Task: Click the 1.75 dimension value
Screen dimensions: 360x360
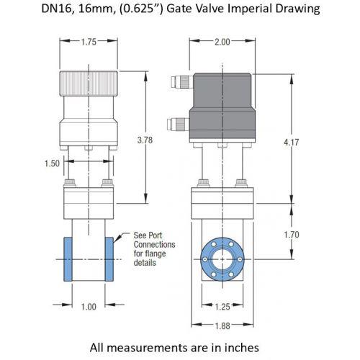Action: pyautogui.click(x=89, y=42)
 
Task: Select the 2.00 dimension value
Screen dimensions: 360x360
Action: pyautogui.click(x=222, y=42)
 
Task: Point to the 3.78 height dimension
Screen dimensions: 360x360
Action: pyautogui.click(x=145, y=140)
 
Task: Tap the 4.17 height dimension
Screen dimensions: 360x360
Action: pyautogui.click(x=292, y=143)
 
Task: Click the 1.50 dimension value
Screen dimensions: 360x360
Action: pyautogui.click(x=52, y=163)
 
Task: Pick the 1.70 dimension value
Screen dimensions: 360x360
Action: pyautogui.click(x=292, y=235)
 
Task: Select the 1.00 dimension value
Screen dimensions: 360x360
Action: pyautogui.click(x=89, y=307)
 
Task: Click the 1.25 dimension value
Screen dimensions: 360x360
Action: pyautogui.click(x=222, y=307)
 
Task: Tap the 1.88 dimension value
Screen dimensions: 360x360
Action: pyautogui.click(x=222, y=326)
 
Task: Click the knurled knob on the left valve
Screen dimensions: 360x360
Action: pyautogui.click(x=89, y=84)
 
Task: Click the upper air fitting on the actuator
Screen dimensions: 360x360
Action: pyautogui.click(x=182, y=82)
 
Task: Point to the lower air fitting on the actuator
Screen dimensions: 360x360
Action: pyautogui.click(x=179, y=124)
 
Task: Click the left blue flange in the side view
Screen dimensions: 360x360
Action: pyautogui.click(x=68, y=259)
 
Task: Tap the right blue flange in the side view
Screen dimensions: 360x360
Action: pyautogui.click(x=109, y=259)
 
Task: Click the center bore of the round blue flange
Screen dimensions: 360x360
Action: pyautogui.click(x=222, y=259)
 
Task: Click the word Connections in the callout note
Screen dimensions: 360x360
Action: pyautogui.click(x=154, y=245)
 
